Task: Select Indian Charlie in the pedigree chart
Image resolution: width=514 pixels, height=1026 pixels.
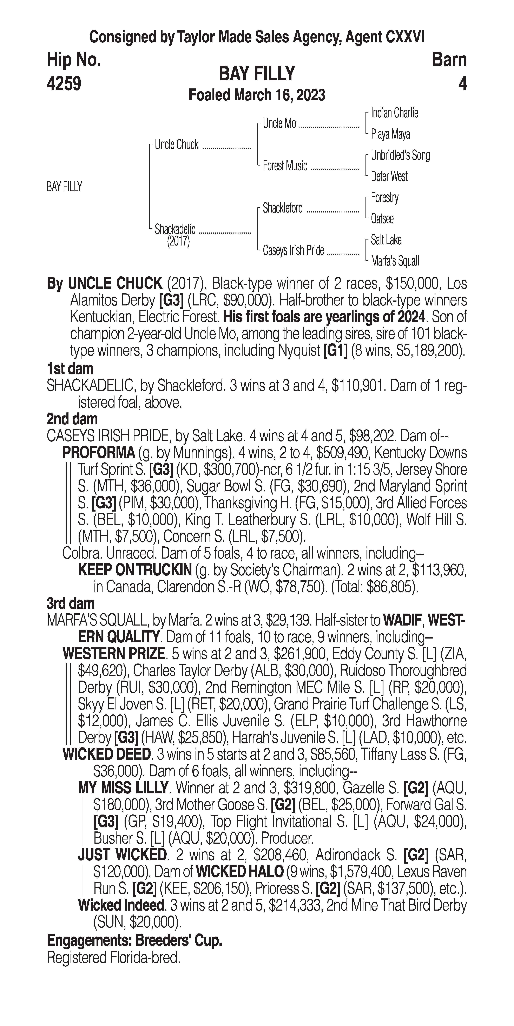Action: coord(394,113)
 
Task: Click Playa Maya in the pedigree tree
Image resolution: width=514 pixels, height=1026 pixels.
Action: coord(390,134)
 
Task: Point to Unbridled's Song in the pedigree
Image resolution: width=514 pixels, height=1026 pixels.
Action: coord(400,155)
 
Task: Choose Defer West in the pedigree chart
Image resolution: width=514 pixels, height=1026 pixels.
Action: coord(389,176)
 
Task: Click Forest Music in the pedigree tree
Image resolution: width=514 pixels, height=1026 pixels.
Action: coord(285,166)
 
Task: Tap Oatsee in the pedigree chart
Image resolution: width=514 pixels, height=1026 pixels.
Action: coord(382,219)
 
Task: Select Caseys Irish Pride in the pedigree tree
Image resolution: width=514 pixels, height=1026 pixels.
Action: coord(293,251)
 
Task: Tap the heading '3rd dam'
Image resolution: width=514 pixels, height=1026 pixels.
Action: coord(71,604)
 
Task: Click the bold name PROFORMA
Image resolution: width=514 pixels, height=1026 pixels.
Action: coord(99,453)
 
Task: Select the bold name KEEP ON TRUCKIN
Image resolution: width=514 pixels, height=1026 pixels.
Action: coord(135,570)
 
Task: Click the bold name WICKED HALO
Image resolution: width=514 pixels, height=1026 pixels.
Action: coord(240,872)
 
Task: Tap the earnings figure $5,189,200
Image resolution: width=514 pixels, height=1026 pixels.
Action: coord(430,351)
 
